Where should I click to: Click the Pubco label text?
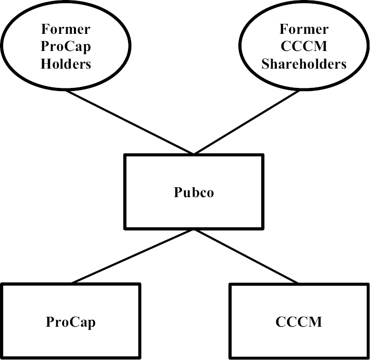pos(194,193)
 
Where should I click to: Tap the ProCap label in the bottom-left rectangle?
pos(71,322)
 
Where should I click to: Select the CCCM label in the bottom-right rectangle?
pos(299,322)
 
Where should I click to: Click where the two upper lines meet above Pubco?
pos(194,154)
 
